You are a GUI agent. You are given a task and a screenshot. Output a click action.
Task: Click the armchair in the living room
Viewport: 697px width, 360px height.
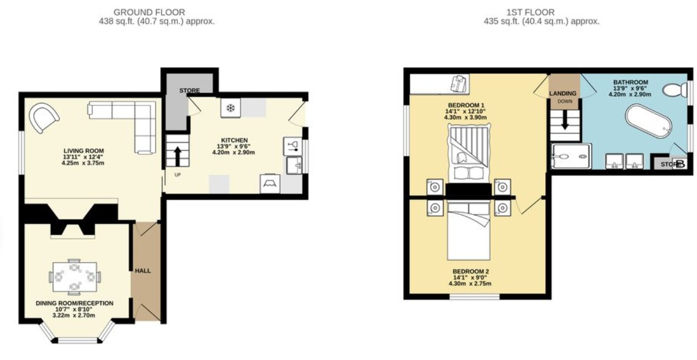pyautogui.click(x=44, y=118)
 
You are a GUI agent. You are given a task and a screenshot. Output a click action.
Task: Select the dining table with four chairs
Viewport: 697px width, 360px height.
pyautogui.click(x=75, y=277)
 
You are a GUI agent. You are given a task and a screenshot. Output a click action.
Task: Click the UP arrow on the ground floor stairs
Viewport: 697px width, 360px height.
pyautogui.click(x=177, y=157)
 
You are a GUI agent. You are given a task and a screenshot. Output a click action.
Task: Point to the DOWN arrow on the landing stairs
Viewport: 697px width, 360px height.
pyautogui.click(x=565, y=121)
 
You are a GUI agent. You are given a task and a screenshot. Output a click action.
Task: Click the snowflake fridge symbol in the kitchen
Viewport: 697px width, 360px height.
pyautogui.click(x=230, y=108)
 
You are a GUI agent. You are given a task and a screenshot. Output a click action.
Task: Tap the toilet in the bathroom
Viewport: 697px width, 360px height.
pyautogui.click(x=675, y=90)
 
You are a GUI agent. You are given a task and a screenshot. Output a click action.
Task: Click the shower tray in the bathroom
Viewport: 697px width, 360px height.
pyautogui.click(x=571, y=156)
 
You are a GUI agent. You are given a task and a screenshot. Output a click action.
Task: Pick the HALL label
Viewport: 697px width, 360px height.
pyautogui.click(x=143, y=271)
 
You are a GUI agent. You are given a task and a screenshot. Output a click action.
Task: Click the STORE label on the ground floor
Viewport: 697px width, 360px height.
pyautogui.click(x=190, y=91)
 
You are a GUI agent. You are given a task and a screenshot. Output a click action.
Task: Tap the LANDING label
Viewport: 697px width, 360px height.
pyautogui.click(x=562, y=93)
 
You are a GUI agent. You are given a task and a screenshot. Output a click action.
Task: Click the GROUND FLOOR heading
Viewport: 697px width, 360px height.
pyautogui.click(x=149, y=12)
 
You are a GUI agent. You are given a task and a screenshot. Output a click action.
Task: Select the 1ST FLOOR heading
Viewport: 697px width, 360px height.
pyautogui.click(x=530, y=12)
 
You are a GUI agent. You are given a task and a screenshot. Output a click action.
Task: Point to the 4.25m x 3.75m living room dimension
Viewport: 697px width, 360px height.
pyautogui.click(x=83, y=163)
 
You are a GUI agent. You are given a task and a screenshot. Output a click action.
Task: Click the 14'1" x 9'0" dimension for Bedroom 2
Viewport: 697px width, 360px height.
pyautogui.click(x=470, y=278)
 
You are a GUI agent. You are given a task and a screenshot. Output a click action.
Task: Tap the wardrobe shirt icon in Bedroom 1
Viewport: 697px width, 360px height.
pyautogui.click(x=460, y=84)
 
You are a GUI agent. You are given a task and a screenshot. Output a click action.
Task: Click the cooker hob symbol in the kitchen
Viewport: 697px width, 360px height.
pyautogui.click(x=270, y=184)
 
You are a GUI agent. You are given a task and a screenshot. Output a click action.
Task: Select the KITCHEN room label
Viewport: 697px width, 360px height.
pyautogui.click(x=234, y=140)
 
